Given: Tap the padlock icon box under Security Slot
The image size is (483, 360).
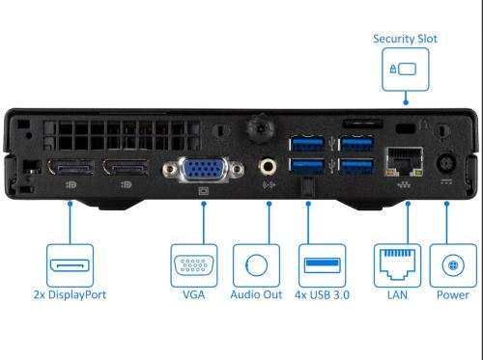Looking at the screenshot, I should click(406, 69).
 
